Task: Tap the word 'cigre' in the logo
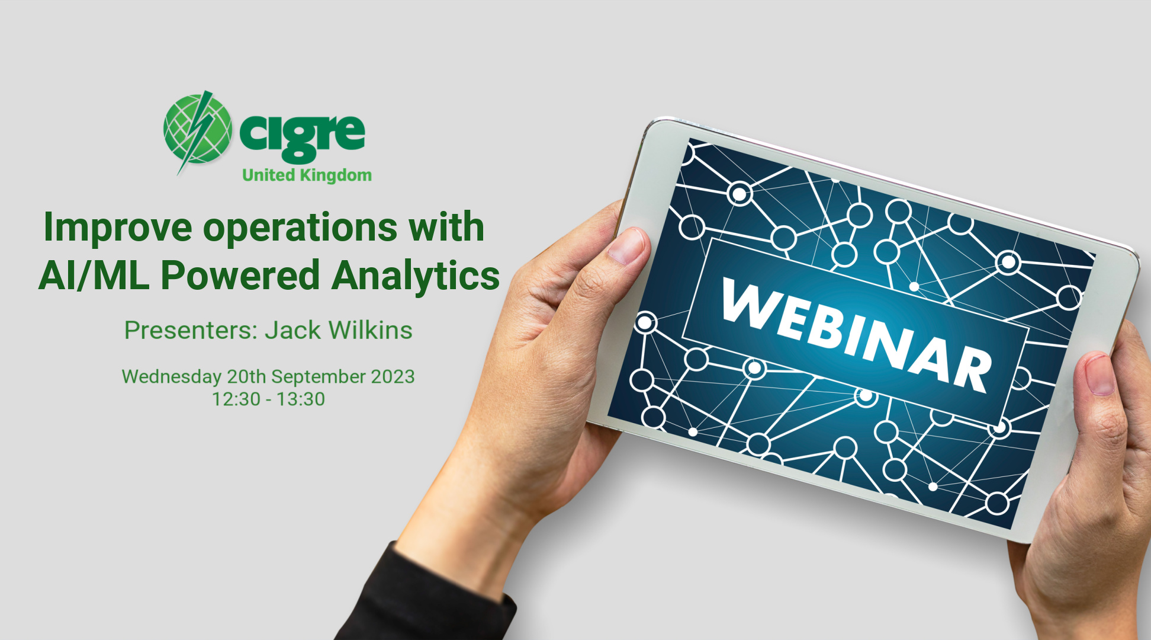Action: coord(303,137)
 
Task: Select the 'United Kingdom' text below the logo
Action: coord(307,175)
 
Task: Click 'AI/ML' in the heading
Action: coord(94,275)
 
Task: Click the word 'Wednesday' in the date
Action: coord(172,377)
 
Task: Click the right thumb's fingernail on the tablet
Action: coord(1100,374)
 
